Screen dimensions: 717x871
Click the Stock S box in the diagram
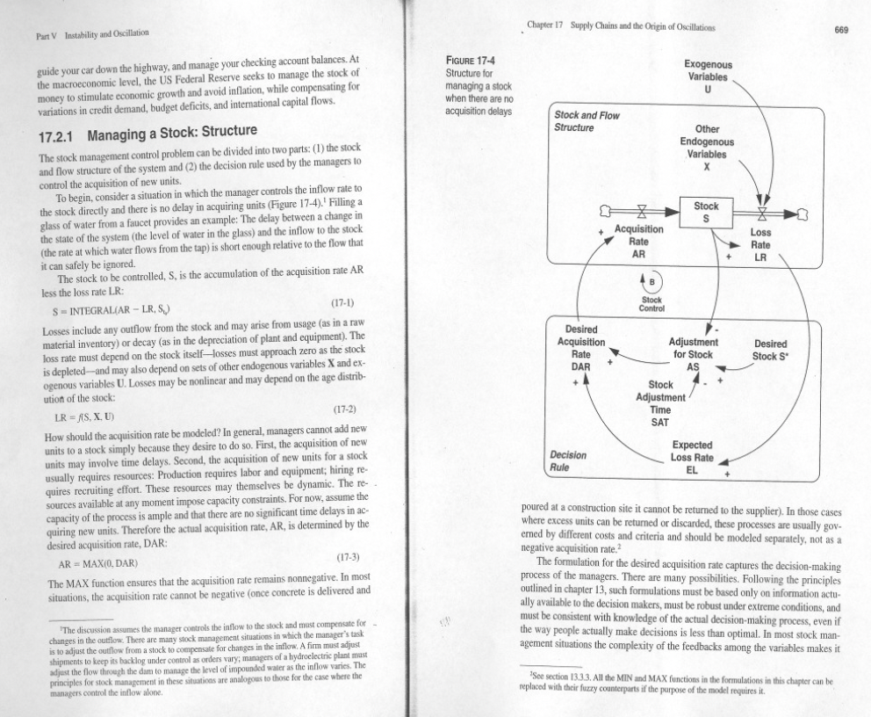706,211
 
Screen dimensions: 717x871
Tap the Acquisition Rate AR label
639,239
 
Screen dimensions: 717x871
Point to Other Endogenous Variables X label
707,148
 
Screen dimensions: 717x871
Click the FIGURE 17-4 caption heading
472,61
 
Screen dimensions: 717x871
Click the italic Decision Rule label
565,461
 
